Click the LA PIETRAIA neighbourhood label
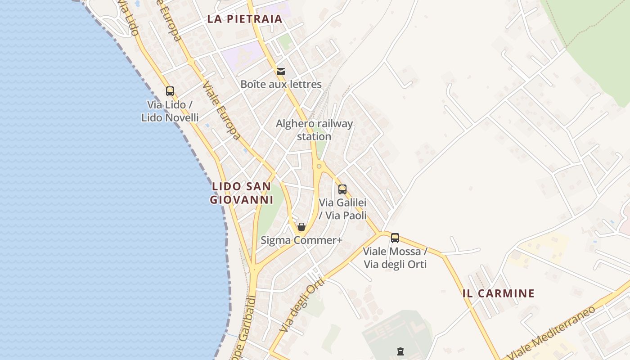tap(245, 19)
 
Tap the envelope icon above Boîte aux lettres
tap(281, 71)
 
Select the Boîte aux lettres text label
tap(281, 84)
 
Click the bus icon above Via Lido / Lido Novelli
tap(170, 91)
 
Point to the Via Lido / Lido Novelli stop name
tap(170, 111)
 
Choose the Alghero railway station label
tap(314, 130)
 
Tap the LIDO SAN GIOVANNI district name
tap(242, 193)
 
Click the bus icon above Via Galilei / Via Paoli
tap(342, 189)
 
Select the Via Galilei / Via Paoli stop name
tap(342, 209)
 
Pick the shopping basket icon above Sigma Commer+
tap(301, 227)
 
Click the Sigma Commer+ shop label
tap(301, 240)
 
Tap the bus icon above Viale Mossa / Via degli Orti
tap(395, 238)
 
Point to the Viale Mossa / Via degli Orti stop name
tap(395, 257)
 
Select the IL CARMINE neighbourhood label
tap(499, 293)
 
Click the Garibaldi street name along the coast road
tap(245, 328)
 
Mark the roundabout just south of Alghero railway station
tap(319, 166)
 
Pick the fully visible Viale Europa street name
tap(221, 110)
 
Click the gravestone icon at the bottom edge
tap(400, 351)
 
